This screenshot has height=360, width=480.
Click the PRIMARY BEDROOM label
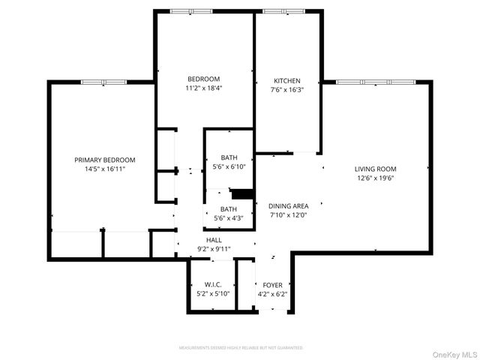(104, 160)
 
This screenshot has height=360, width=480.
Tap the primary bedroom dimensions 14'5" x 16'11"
(104, 169)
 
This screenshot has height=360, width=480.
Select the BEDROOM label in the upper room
(203, 79)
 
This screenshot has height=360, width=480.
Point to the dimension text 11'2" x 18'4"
(203, 88)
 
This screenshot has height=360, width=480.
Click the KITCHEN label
(287, 80)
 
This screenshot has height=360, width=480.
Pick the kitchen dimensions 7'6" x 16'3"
(287, 89)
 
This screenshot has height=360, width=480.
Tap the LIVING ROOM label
(375, 169)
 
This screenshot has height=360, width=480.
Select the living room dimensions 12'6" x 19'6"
(375, 178)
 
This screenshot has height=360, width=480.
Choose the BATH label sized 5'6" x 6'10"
(229, 157)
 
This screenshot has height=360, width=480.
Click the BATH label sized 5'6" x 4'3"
(229, 209)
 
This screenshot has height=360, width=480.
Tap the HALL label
(214, 240)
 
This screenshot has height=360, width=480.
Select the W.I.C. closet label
(212, 285)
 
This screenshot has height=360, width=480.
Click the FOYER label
(271, 285)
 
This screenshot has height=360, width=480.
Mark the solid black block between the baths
(240, 193)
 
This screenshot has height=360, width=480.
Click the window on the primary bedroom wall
(104, 81)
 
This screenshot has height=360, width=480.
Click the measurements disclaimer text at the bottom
(240, 348)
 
